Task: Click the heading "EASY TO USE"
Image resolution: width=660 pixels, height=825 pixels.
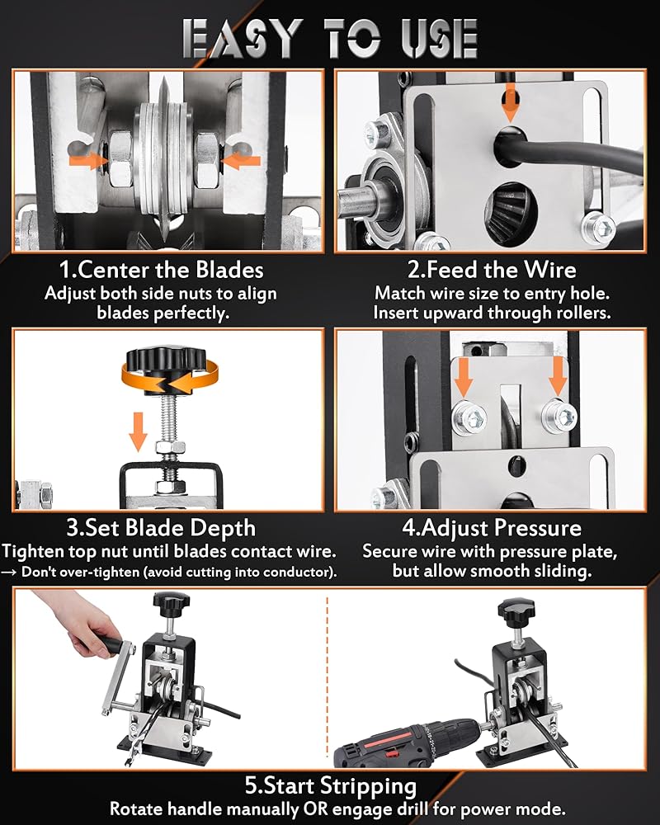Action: (330, 38)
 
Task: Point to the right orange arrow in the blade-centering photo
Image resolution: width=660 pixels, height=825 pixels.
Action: (241, 161)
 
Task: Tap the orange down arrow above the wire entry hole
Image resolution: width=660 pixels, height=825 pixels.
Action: (509, 102)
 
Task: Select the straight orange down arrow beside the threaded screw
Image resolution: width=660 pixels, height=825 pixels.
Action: (138, 431)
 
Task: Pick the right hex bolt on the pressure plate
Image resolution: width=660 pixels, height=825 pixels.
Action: (559, 416)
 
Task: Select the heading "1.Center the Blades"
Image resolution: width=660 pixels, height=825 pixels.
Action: (161, 270)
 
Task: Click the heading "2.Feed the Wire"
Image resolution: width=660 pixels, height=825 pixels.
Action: (492, 270)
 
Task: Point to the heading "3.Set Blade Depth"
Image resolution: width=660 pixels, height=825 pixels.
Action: (161, 528)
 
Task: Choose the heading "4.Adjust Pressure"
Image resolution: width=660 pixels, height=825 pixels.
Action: (492, 528)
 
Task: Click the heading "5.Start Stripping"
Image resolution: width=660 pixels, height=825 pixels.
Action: (331, 785)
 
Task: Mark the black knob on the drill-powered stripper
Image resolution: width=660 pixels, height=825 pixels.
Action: (516, 609)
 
